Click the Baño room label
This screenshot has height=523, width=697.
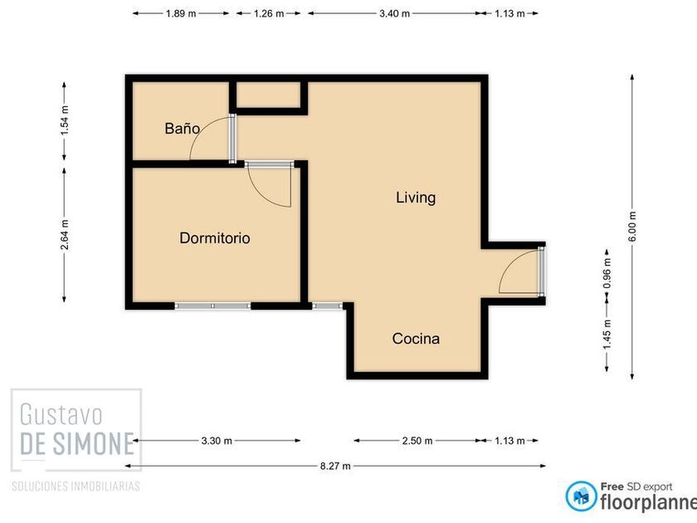click(x=182, y=129)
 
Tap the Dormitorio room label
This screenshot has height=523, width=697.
click(x=215, y=238)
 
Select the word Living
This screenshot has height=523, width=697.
click(x=416, y=198)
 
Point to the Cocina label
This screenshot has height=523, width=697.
click(x=416, y=339)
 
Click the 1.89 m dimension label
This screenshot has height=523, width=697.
click(x=181, y=13)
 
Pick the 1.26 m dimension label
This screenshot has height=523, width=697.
click(x=269, y=13)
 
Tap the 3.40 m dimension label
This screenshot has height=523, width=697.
click(x=395, y=13)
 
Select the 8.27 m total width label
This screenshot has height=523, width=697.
click(x=335, y=466)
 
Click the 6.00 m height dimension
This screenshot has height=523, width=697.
click(x=632, y=227)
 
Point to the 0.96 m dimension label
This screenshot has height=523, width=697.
click(x=607, y=273)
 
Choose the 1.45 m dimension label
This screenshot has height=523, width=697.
click(x=607, y=334)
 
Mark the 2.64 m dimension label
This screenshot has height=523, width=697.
click(x=65, y=235)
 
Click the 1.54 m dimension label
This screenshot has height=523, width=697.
click(x=65, y=120)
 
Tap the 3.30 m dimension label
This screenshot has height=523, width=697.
click(x=217, y=441)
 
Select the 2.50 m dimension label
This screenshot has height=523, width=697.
click(x=417, y=441)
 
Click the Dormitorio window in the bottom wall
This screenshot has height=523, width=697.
click(x=212, y=306)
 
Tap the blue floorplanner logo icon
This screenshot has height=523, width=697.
click(x=581, y=496)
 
